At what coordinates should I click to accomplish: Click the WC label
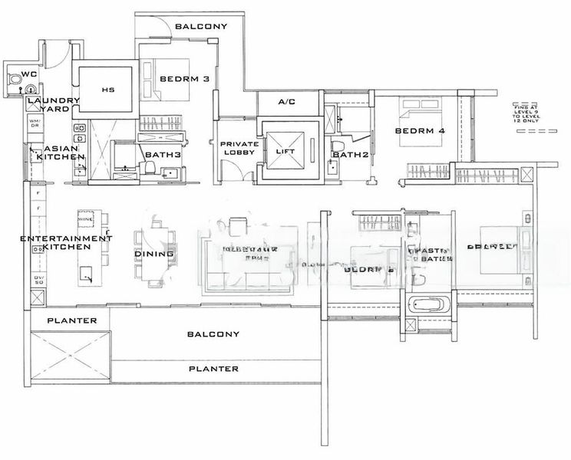click(x=29, y=74)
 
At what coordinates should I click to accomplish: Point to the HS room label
click(x=107, y=90)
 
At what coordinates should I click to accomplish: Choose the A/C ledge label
click(x=286, y=101)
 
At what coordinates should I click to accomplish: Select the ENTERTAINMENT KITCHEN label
click(x=66, y=243)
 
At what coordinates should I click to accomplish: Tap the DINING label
click(x=154, y=253)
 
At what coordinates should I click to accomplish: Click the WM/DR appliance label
click(x=35, y=124)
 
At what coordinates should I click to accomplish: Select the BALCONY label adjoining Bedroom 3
click(x=201, y=27)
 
